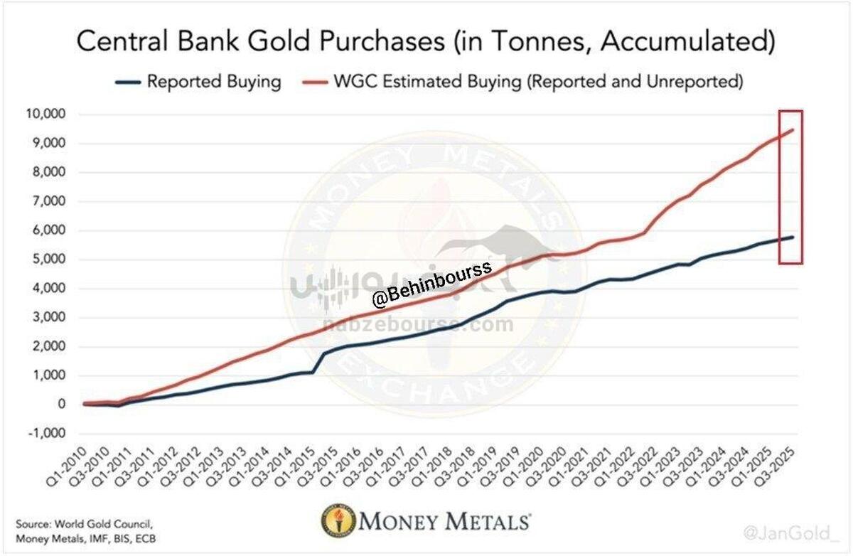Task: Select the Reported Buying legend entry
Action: (213, 82)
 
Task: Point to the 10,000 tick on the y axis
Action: (45, 114)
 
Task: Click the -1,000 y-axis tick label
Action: (46, 434)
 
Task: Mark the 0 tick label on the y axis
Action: (62, 405)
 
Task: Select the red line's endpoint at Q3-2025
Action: (793, 129)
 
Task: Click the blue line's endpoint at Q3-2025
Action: (793, 236)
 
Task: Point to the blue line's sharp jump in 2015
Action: (318, 361)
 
